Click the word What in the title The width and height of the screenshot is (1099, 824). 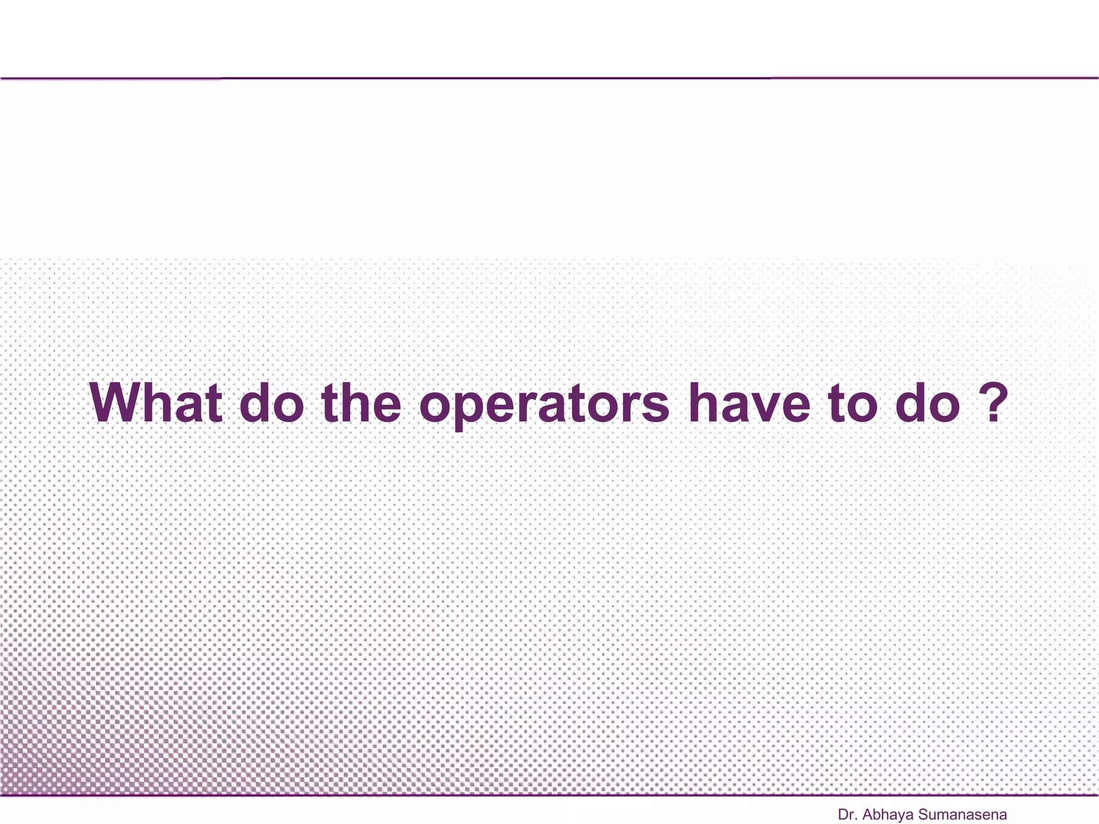[x=156, y=403]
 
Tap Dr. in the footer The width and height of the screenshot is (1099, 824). [x=847, y=815]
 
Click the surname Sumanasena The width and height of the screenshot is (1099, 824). [x=963, y=815]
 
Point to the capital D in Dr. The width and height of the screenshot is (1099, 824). [x=843, y=815]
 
